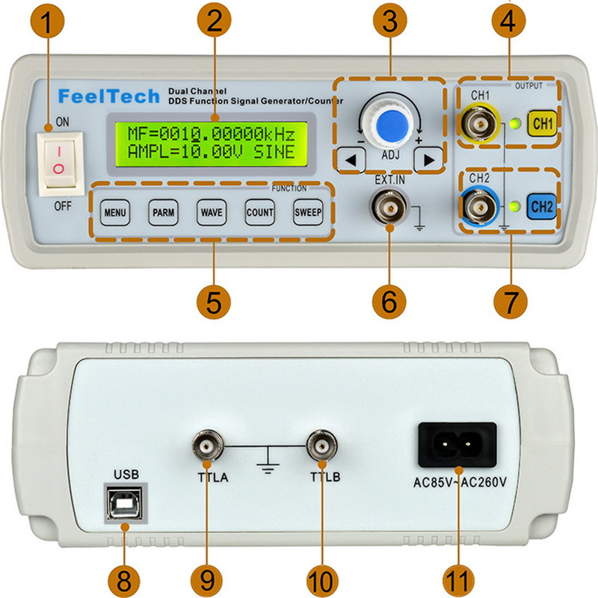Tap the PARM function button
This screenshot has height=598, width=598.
point(163,212)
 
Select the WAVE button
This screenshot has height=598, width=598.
point(211,212)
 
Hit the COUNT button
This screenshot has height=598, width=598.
point(259,212)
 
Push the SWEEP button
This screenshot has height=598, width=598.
point(307,212)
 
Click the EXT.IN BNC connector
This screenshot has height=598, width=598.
point(389,205)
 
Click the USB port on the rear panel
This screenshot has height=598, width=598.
point(121,506)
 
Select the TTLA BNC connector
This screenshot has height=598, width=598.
point(206,446)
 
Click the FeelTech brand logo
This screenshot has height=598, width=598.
point(109,96)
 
